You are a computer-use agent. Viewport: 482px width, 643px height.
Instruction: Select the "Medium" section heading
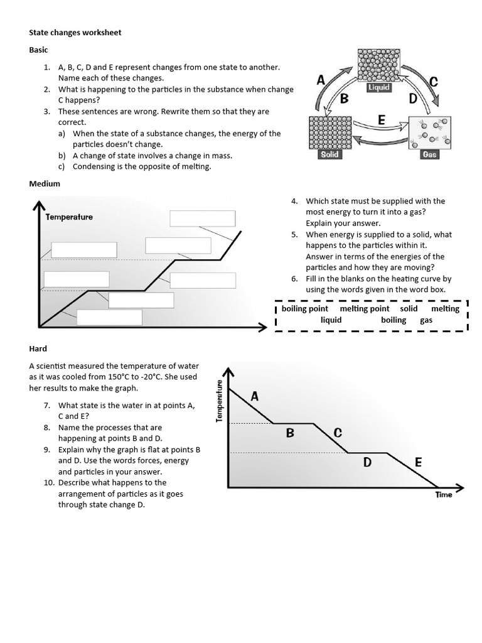click(x=45, y=183)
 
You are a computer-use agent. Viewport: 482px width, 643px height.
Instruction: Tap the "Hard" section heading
click(x=38, y=349)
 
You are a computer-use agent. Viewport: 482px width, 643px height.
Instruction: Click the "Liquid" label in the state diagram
click(x=379, y=88)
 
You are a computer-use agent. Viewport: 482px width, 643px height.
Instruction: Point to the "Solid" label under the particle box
click(x=329, y=154)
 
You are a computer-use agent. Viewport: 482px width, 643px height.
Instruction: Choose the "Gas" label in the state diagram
click(x=429, y=154)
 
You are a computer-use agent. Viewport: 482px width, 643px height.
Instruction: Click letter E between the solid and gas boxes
click(x=381, y=120)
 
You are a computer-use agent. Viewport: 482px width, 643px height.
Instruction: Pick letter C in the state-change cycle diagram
click(x=432, y=82)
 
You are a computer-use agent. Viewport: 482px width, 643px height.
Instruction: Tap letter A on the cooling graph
click(x=255, y=396)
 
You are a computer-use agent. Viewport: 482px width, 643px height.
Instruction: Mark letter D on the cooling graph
click(x=368, y=463)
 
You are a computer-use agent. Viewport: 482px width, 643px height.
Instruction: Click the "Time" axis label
click(x=444, y=495)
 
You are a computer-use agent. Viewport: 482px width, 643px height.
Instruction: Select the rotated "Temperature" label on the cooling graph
click(x=220, y=401)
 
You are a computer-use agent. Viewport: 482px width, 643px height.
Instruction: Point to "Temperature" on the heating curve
click(x=69, y=217)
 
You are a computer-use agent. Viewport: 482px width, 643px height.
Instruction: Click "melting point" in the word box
click(x=365, y=308)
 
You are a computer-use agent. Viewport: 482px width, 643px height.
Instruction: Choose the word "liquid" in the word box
click(x=331, y=320)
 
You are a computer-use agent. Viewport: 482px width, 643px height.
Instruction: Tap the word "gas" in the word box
click(x=426, y=320)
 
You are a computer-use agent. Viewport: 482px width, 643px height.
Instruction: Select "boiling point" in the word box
click(x=305, y=308)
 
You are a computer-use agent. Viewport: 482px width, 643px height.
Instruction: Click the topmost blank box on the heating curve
click(x=203, y=218)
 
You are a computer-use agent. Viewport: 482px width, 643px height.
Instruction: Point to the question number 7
click(x=47, y=406)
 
